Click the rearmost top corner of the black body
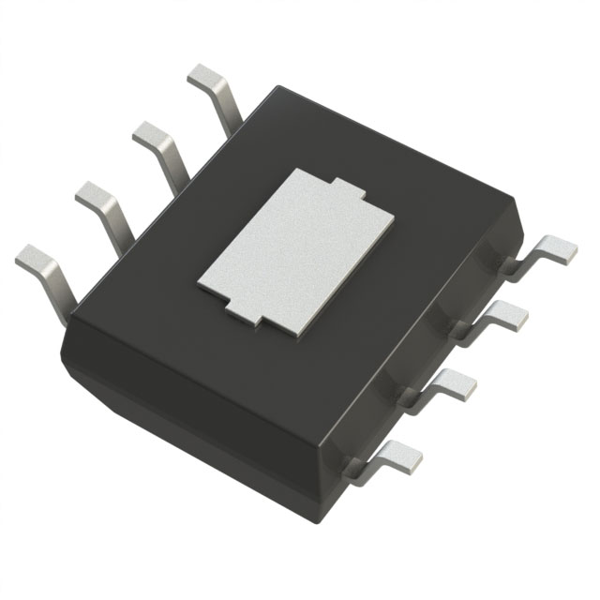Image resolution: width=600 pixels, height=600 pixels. tap(280, 87)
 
